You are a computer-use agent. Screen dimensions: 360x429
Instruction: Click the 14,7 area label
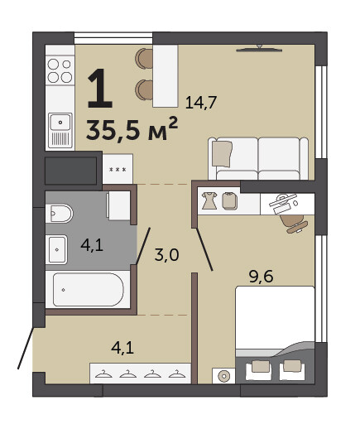tap(201, 103)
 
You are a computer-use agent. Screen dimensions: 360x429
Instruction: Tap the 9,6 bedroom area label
tap(261, 277)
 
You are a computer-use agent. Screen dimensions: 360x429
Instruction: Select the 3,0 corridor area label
tap(166, 255)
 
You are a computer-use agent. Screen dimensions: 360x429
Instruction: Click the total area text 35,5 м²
tap(132, 129)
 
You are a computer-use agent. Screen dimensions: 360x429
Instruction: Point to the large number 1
tap(100, 89)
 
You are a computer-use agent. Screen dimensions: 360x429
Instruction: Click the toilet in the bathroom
tap(59, 214)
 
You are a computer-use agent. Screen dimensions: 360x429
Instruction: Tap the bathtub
tap(88, 289)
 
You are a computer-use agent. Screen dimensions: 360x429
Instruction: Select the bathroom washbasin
tap(56, 249)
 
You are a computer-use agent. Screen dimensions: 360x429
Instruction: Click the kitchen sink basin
tap(60, 122)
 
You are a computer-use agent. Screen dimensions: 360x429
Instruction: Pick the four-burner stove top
tap(60, 70)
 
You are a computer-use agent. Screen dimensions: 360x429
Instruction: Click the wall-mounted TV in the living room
tap(259, 49)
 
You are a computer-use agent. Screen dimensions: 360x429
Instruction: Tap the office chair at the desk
tap(293, 223)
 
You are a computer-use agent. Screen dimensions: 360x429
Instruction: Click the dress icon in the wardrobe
tap(209, 200)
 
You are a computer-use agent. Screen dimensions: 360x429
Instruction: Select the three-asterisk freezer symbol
tap(118, 170)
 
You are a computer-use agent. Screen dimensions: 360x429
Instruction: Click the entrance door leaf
tap(26, 348)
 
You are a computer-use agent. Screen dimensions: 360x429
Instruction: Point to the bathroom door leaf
tap(143, 246)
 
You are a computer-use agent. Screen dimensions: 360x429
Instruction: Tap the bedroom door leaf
tap(204, 249)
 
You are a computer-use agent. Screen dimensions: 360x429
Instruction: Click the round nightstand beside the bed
tap(223, 376)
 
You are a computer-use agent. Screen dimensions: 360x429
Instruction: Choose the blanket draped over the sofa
tap(222, 153)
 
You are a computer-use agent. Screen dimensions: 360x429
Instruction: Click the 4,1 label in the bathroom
tap(92, 245)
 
